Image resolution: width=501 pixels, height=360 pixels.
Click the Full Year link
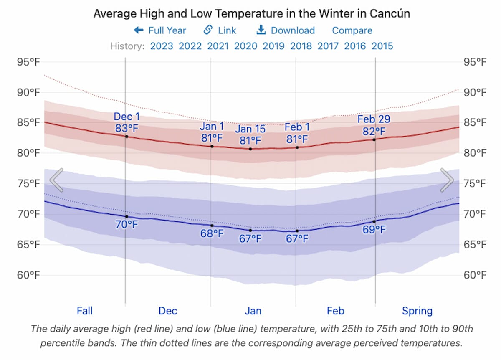tap(160, 30)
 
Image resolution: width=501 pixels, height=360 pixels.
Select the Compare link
tap(352, 30)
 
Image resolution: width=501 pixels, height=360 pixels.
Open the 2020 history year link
tap(245, 46)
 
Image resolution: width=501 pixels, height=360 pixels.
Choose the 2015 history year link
tap(382, 46)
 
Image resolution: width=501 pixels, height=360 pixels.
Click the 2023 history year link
tap(162, 46)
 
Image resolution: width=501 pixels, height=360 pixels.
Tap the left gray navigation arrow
tap(56, 180)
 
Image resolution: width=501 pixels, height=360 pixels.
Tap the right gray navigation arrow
tap(447, 180)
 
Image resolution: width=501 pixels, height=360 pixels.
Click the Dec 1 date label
tap(127, 117)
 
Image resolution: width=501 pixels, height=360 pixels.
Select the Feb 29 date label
tap(374, 119)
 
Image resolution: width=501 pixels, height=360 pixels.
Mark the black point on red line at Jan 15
tap(250, 149)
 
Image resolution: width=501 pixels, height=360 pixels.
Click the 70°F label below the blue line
tap(127, 225)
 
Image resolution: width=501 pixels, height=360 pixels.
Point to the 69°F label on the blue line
tap(374, 230)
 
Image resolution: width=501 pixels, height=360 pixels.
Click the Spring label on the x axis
tap(417, 311)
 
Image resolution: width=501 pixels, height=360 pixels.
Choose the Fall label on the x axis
tap(84, 311)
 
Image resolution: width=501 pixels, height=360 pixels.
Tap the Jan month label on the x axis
tap(253, 311)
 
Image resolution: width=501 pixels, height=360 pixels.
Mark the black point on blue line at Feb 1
tap(297, 231)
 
